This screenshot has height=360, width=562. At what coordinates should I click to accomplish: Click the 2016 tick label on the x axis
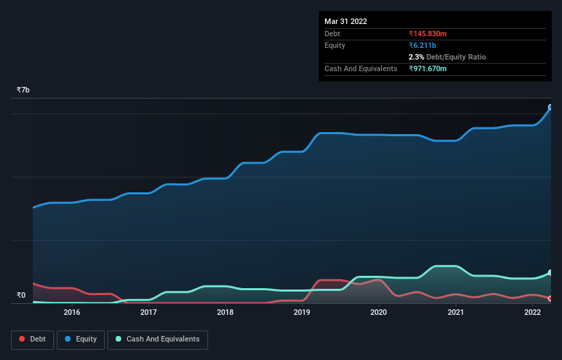click(x=71, y=313)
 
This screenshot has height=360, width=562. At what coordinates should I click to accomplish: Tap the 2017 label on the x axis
click(x=149, y=313)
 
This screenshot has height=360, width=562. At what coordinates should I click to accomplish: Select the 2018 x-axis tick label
click(x=225, y=313)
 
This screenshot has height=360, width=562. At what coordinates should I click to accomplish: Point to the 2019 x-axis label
click(x=302, y=313)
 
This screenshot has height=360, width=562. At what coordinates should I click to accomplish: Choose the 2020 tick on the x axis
click(x=379, y=313)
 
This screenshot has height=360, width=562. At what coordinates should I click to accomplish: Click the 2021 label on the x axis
click(x=456, y=313)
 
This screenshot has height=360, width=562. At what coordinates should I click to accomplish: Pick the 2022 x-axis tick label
click(x=533, y=313)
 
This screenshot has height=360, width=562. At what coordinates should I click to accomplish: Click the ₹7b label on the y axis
click(x=23, y=90)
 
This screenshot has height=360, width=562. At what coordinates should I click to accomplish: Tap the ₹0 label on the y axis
click(x=21, y=296)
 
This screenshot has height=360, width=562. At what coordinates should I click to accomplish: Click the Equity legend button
click(x=81, y=339)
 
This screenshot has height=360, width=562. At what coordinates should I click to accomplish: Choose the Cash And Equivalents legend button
click(x=157, y=339)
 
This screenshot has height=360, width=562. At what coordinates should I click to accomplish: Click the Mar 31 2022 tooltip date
click(x=346, y=21)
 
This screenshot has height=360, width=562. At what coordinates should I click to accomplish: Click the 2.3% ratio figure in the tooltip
click(x=416, y=57)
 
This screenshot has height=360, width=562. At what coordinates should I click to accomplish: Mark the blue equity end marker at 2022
click(x=550, y=107)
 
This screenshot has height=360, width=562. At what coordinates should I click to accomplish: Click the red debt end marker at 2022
click(x=550, y=299)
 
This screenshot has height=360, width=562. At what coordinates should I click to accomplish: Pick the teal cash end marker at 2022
click(x=550, y=273)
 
